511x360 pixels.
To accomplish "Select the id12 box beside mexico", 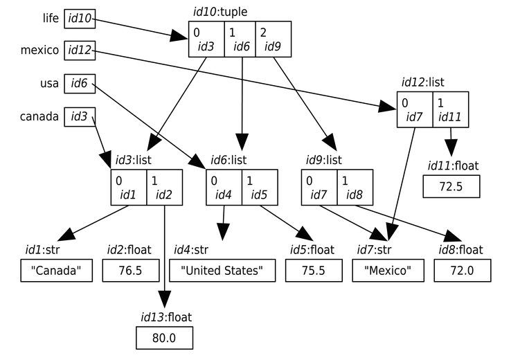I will click(80, 50).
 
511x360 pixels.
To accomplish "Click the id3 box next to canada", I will click(78, 116).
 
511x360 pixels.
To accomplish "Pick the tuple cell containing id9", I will click(274, 39).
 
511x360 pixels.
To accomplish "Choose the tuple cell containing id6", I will click(240, 39).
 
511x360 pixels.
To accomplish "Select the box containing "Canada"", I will click(57, 271).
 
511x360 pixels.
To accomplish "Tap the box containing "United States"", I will click(222, 271).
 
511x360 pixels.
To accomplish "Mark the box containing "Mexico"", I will click(388, 271).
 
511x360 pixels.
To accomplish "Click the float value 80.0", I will click(164, 339).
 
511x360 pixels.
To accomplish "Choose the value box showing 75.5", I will click(312, 271).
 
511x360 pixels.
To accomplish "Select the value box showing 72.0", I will click(463, 271).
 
